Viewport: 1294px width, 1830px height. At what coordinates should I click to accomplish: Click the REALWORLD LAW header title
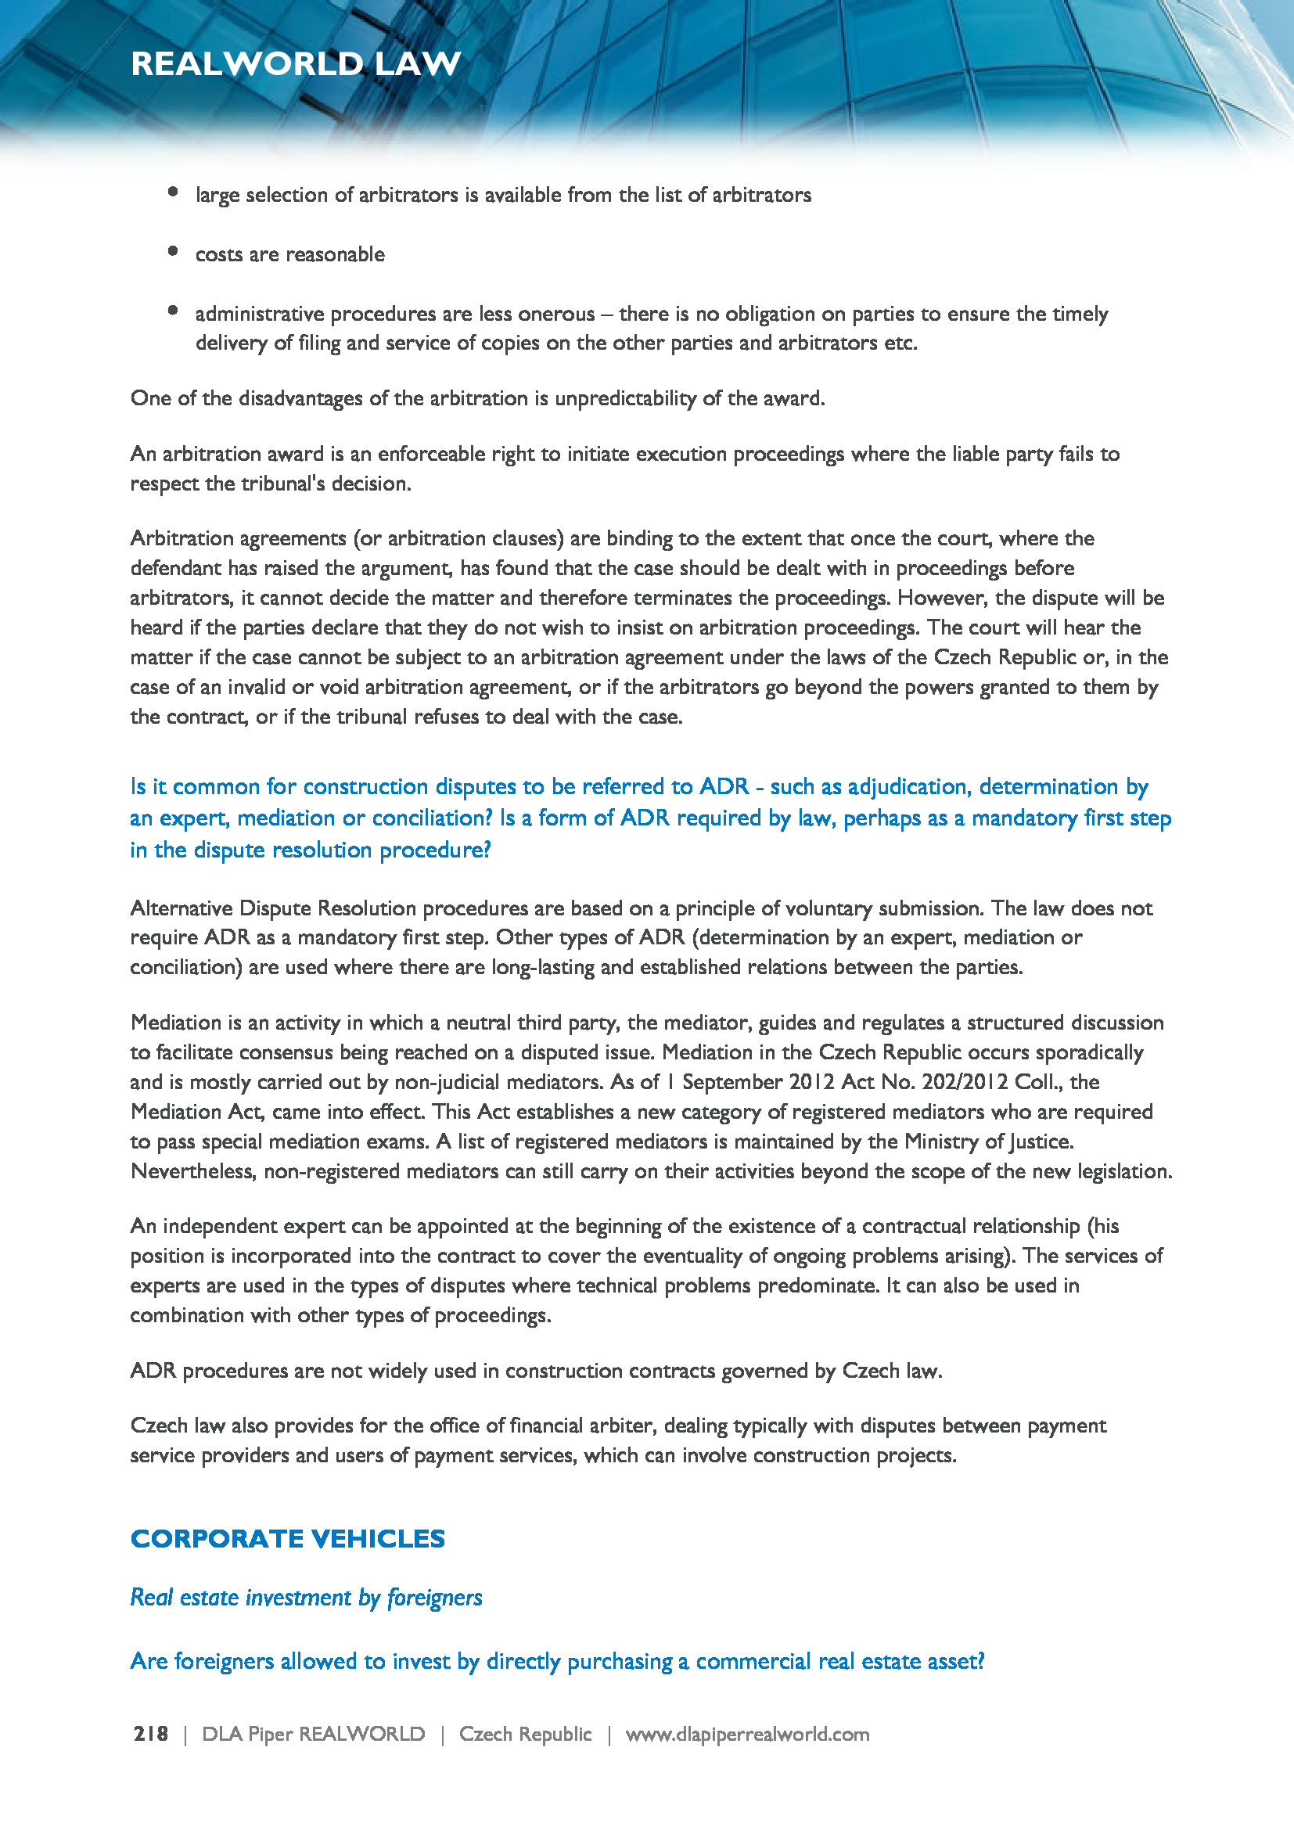pyautogui.click(x=296, y=63)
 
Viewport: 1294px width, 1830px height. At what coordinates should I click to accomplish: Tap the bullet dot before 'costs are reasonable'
pyautogui.click(x=173, y=251)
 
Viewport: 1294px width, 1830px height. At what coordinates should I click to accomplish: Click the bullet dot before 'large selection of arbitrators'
pyautogui.click(x=173, y=191)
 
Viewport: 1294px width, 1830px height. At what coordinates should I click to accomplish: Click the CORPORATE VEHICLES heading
pyautogui.click(x=288, y=1538)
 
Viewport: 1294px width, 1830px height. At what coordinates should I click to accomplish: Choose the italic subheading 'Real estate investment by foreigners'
pyautogui.click(x=306, y=1598)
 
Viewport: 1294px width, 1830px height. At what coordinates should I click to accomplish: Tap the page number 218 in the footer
pyautogui.click(x=150, y=1735)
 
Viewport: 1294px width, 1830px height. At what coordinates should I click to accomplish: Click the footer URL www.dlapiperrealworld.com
pyautogui.click(x=747, y=1735)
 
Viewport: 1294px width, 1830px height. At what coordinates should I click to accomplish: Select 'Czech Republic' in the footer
pyautogui.click(x=525, y=1735)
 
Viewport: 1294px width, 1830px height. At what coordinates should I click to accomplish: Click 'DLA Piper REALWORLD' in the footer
pyautogui.click(x=313, y=1735)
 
